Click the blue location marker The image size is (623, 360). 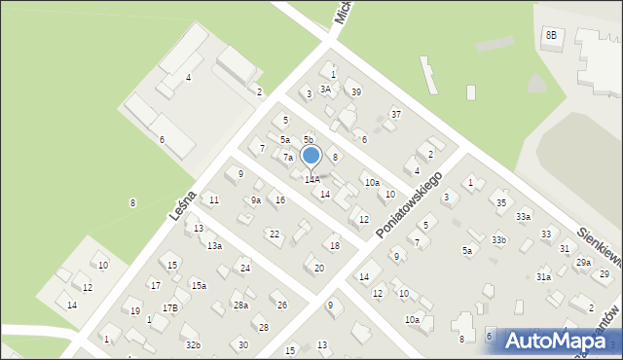(x=311, y=156)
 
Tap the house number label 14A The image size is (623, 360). (x=311, y=180)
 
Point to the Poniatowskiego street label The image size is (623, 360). (x=409, y=205)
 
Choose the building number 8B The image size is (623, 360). (x=551, y=35)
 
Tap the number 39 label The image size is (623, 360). (x=356, y=92)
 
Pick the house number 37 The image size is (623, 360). (x=396, y=115)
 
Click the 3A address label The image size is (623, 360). (x=327, y=89)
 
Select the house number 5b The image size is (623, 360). (x=309, y=141)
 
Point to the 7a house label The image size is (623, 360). (x=288, y=158)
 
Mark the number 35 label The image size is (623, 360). (x=501, y=203)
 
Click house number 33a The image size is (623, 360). (x=524, y=216)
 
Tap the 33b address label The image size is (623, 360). (x=498, y=240)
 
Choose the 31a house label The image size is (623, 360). (x=544, y=277)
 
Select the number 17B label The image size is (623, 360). (x=170, y=307)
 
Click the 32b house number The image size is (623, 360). (x=193, y=345)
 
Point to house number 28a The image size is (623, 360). (x=240, y=306)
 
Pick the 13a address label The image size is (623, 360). (x=214, y=246)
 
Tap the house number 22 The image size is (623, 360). (x=275, y=234)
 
